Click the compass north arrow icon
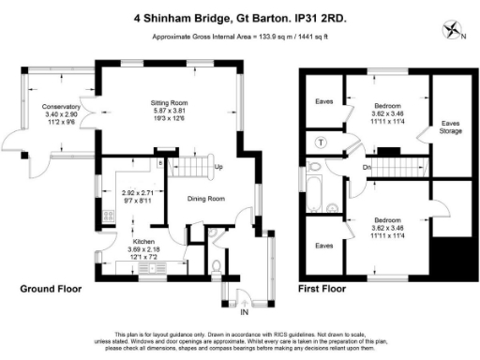[456, 28]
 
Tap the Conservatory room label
[61, 107]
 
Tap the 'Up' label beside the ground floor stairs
[218, 168]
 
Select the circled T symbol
[322, 142]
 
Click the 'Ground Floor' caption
[52, 289]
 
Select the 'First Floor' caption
[323, 289]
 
